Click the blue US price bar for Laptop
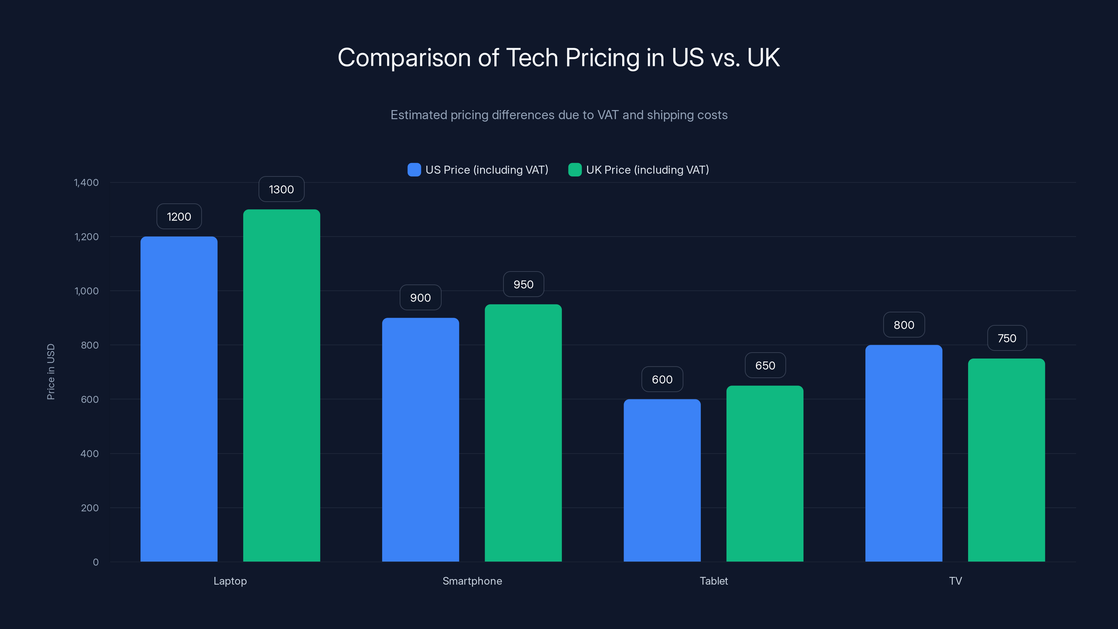179,399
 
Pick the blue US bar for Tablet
662,480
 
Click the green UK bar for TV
1006,460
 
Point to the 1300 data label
281,189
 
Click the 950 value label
523,284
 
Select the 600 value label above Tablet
662,379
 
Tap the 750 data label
1007,338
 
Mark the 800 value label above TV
903,325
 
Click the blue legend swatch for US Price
414,170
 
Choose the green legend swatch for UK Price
575,170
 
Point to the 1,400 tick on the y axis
86,182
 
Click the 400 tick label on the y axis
89,454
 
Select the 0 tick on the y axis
95,562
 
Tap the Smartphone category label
472,581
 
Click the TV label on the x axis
955,581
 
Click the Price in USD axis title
51,371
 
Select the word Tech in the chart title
532,58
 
